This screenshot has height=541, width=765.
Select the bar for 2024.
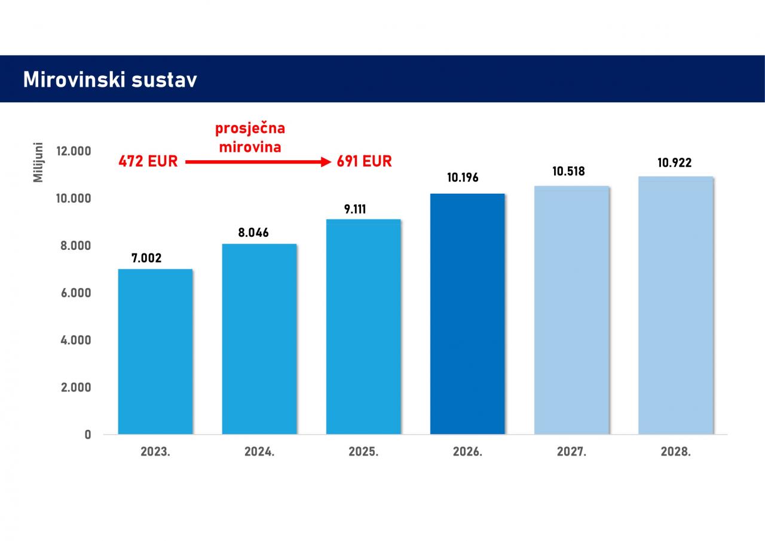tap(259, 339)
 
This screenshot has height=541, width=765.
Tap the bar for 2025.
tap(363, 326)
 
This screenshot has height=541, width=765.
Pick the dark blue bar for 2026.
tap(467, 314)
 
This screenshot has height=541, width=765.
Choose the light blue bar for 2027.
tap(571, 310)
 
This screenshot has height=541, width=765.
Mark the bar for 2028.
tap(675, 305)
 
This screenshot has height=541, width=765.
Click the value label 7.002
tap(146, 258)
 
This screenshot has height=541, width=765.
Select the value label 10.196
tap(463, 178)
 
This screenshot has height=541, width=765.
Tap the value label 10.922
tap(675, 162)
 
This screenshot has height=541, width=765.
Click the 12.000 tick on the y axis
tap(74, 151)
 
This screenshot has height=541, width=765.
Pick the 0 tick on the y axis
tap(88, 435)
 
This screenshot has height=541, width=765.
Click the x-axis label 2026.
tap(467, 452)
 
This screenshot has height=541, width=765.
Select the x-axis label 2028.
tap(675, 452)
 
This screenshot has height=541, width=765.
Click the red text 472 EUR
tap(148, 161)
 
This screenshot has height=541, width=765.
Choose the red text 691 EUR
tap(364, 161)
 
